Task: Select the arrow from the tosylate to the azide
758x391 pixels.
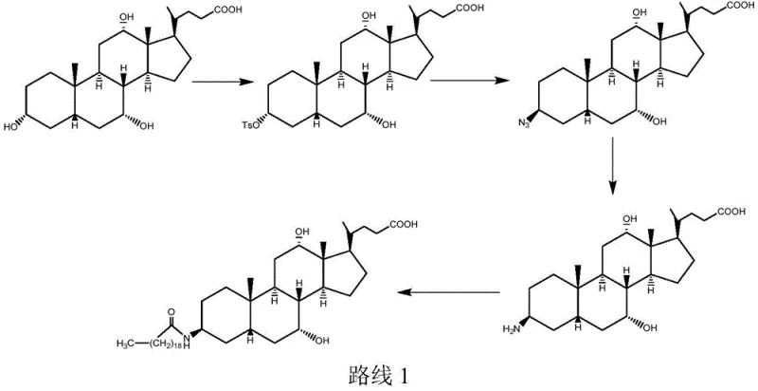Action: [464, 82]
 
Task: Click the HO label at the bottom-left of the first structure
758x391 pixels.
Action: [13, 125]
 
